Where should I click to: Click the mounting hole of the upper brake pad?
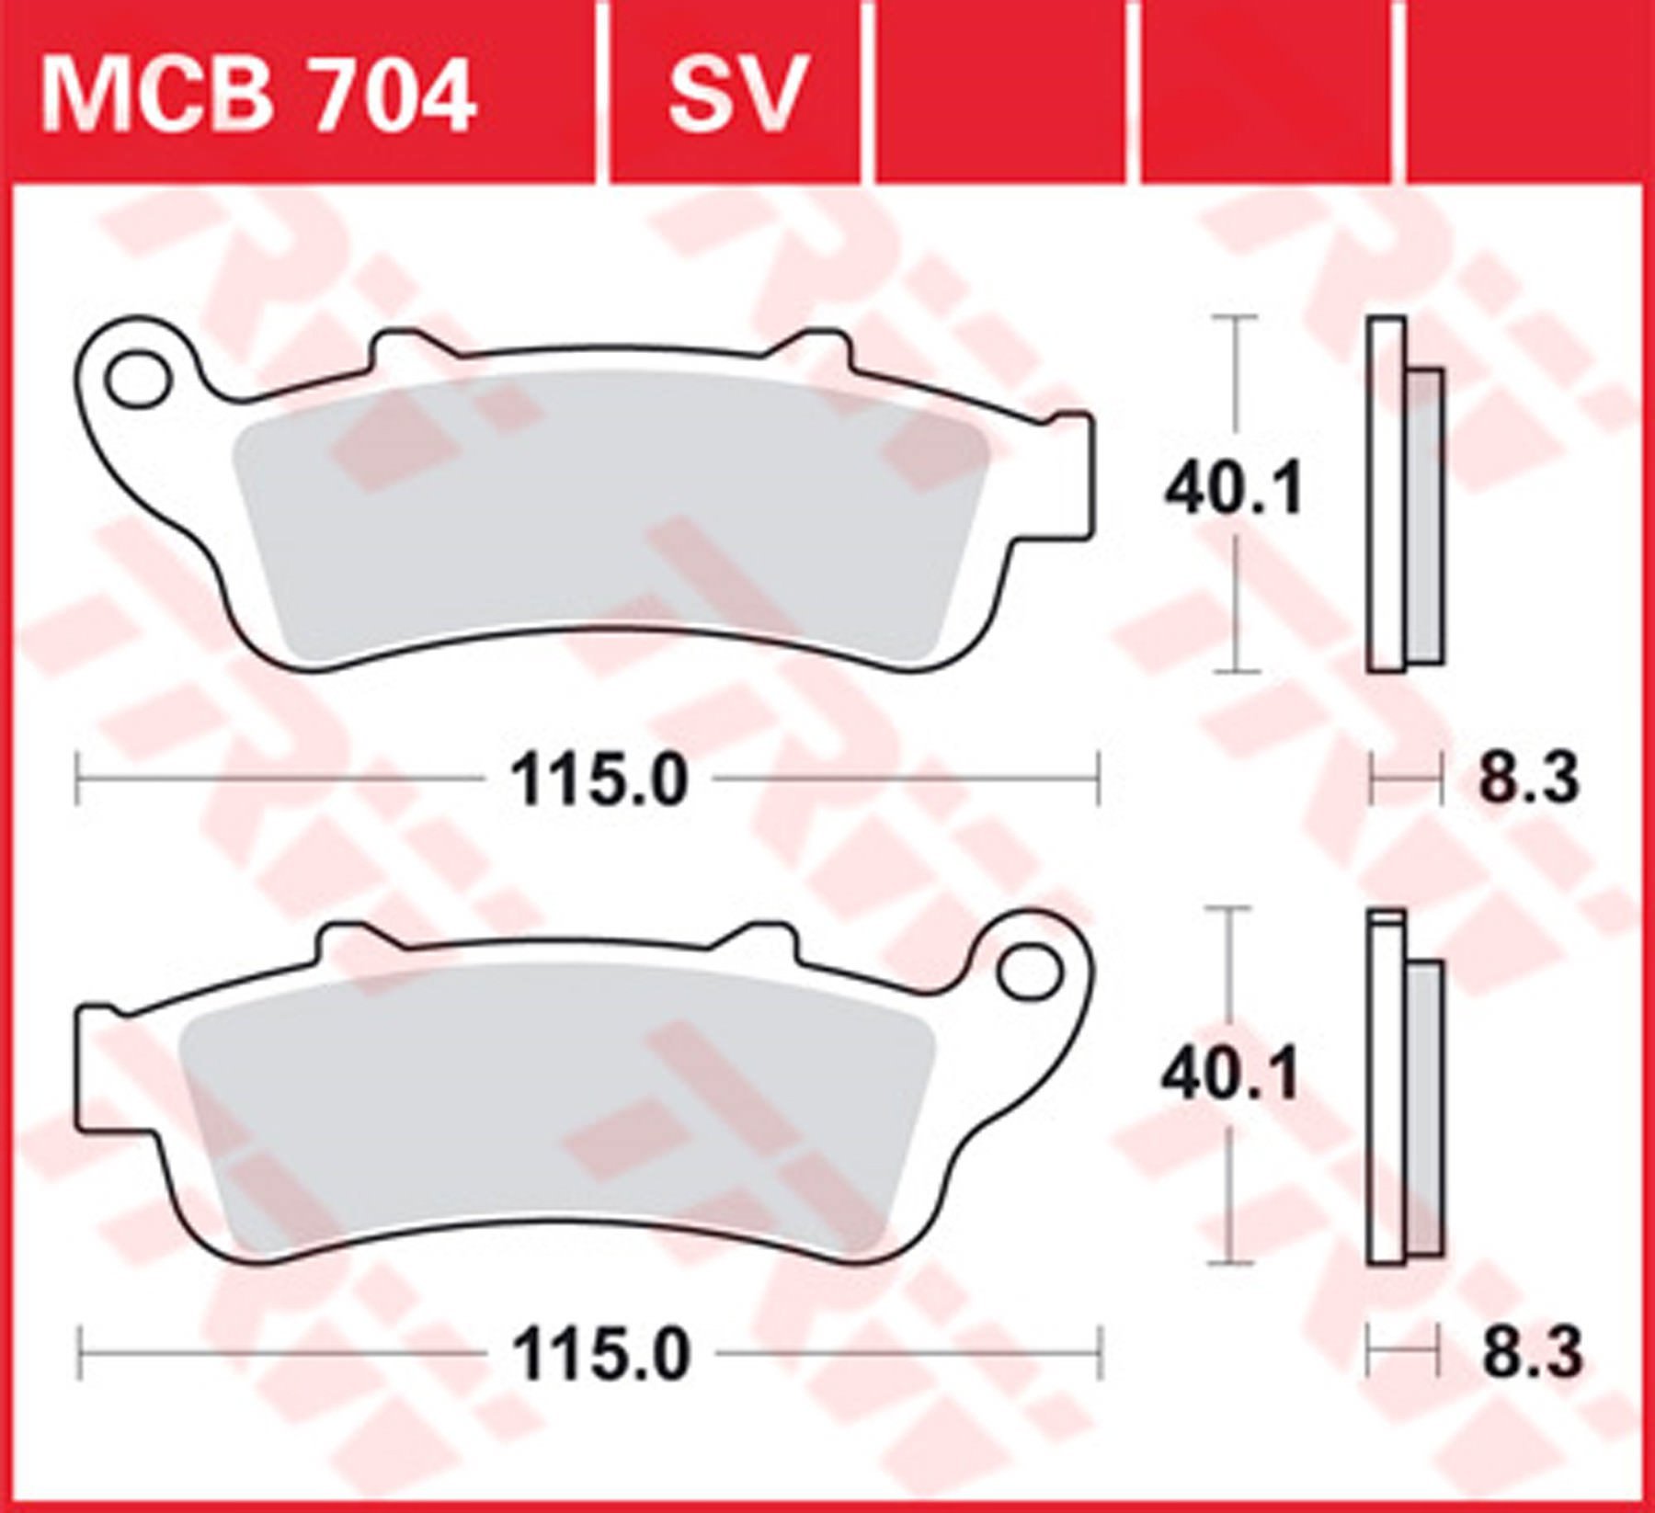point(139,378)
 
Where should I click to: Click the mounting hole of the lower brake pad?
point(1029,971)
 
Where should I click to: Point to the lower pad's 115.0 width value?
point(600,1354)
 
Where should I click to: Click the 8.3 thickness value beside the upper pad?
point(1528,778)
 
